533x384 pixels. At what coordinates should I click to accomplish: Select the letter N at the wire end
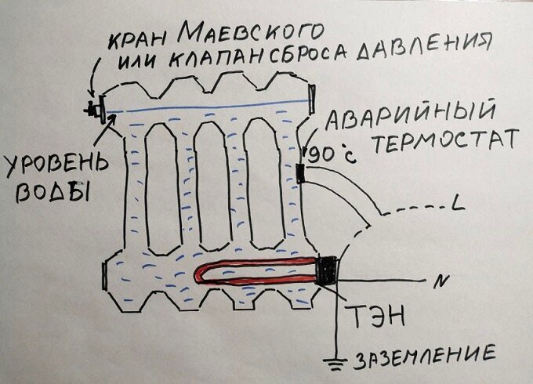pyautogui.click(x=428, y=280)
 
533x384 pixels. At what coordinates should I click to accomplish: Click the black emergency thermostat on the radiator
pyautogui.click(x=301, y=173)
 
